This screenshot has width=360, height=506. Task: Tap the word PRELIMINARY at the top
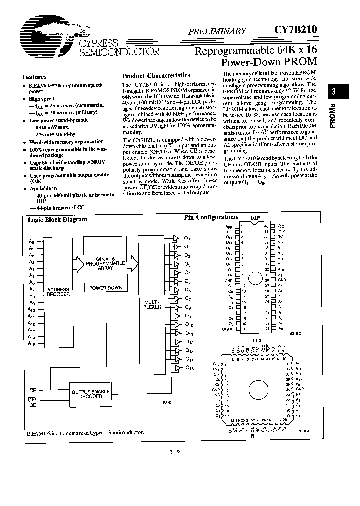click(x=217, y=31)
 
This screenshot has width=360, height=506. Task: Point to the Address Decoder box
click(x=59, y=292)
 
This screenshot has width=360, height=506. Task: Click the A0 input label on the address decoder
click(x=31, y=242)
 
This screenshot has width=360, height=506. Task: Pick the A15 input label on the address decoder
click(x=32, y=344)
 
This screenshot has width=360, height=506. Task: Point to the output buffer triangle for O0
click(x=175, y=238)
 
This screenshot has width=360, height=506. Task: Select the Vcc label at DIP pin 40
click(x=280, y=226)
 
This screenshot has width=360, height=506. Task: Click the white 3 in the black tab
click(x=334, y=92)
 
